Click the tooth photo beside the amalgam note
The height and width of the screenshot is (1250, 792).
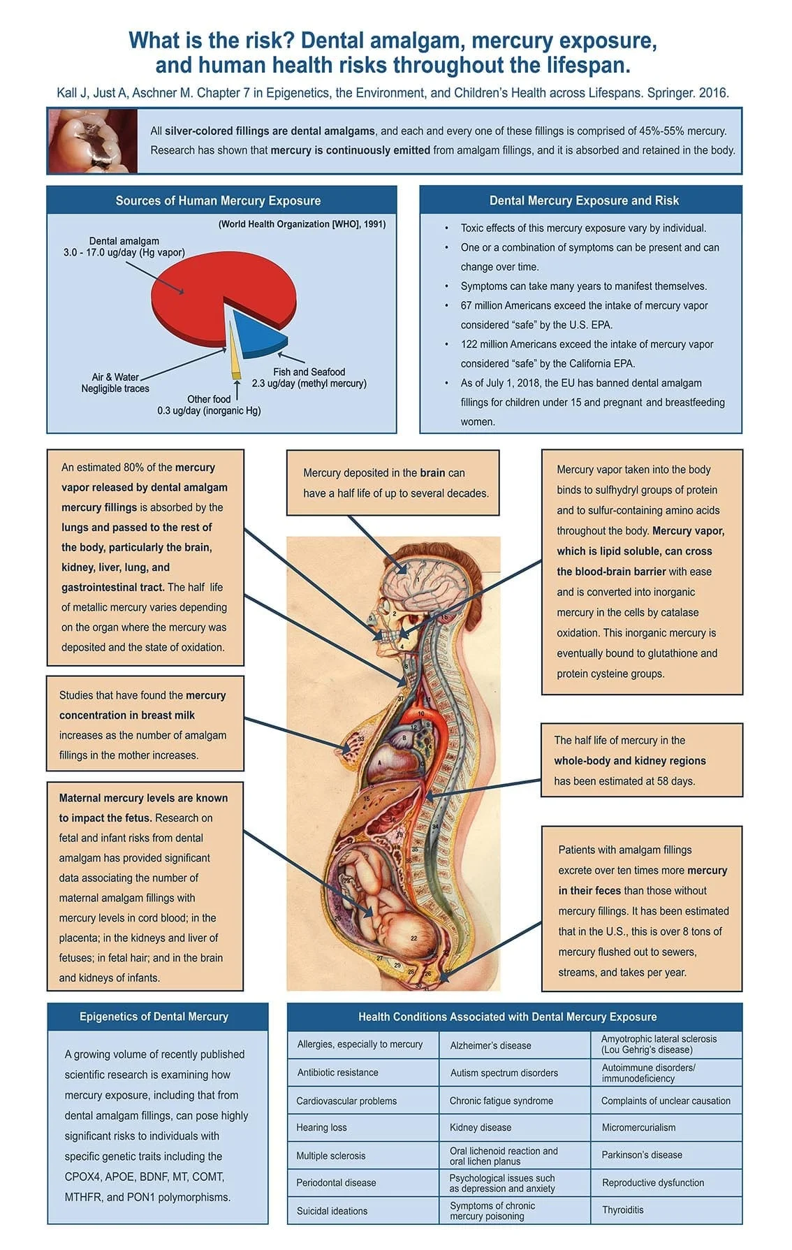(x=92, y=141)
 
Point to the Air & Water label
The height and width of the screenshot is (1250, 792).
(x=115, y=377)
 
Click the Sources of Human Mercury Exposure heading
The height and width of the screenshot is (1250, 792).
(x=218, y=201)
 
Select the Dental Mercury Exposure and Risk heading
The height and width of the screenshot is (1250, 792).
(x=584, y=201)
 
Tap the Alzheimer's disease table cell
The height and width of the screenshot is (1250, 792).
(x=490, y=1045)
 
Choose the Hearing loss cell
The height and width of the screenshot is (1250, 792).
(x=321, y=1127)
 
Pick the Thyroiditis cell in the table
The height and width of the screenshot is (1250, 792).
(x=623, y=1209)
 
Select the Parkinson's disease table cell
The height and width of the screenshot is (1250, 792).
(x=642, y=1154)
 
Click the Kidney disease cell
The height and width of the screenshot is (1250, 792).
(x=481, y=1127)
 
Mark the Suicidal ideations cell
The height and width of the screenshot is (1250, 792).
(x=332, y=1211)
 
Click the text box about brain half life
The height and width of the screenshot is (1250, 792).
(x=393, y=483)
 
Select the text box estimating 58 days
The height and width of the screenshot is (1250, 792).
(x=641, y=760)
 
